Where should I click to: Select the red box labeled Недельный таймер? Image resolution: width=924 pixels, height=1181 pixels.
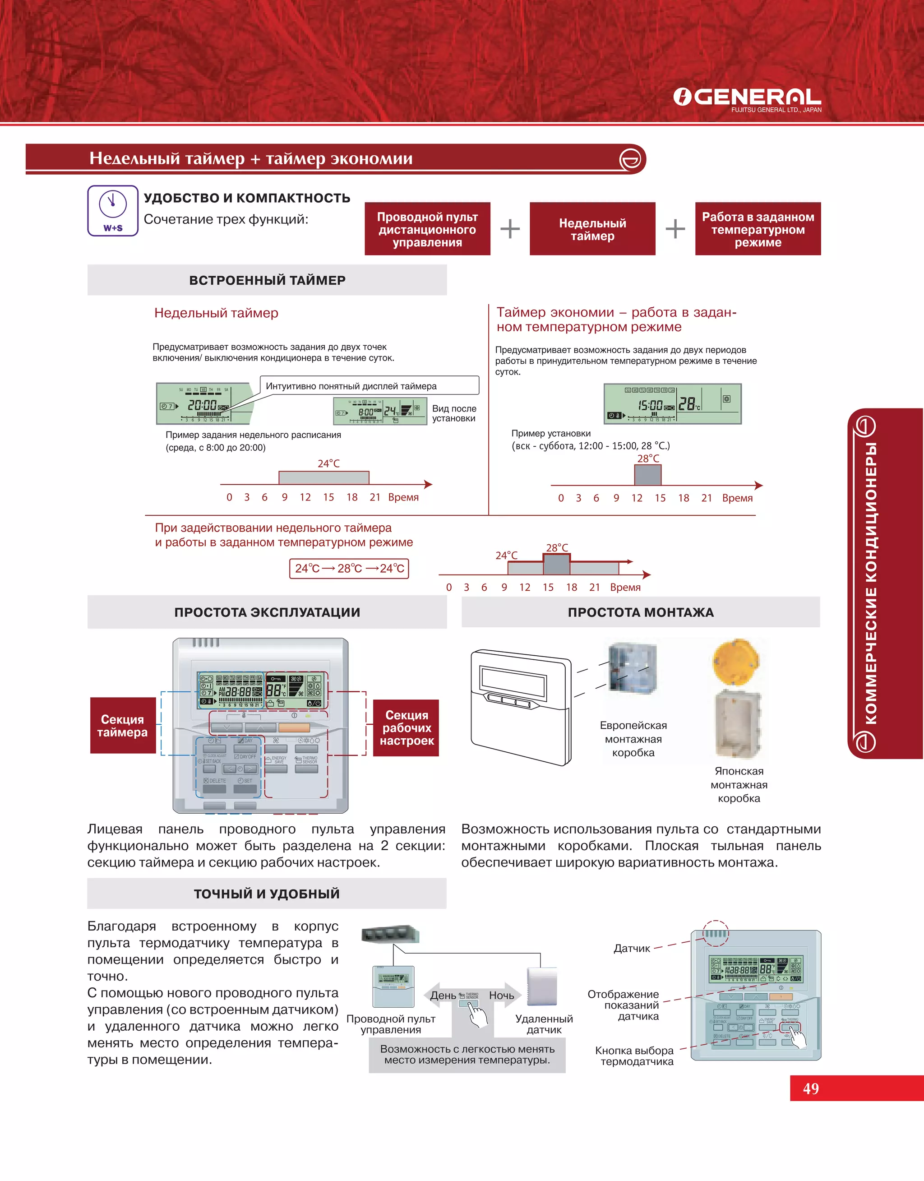592,229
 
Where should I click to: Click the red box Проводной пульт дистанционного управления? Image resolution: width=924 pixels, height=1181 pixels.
427,229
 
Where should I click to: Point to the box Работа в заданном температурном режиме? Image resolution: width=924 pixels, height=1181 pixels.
758,229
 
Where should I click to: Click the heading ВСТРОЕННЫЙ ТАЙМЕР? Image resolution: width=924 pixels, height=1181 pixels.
267,280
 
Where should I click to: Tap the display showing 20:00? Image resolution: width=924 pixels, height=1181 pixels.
204,403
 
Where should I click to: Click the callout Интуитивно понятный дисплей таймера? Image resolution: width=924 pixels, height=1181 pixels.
369,386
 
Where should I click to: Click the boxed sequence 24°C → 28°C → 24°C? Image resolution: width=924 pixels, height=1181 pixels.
349,568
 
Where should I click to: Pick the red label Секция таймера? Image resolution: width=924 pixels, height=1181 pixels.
123,726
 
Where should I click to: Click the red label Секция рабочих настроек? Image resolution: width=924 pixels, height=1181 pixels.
406,727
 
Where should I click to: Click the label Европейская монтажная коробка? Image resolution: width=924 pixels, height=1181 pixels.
633,738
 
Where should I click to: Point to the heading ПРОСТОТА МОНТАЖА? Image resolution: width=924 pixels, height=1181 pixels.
641,612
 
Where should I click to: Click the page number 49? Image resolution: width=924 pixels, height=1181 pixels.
810,1088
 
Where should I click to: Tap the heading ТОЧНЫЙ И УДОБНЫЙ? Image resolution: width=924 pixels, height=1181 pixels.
267,894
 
